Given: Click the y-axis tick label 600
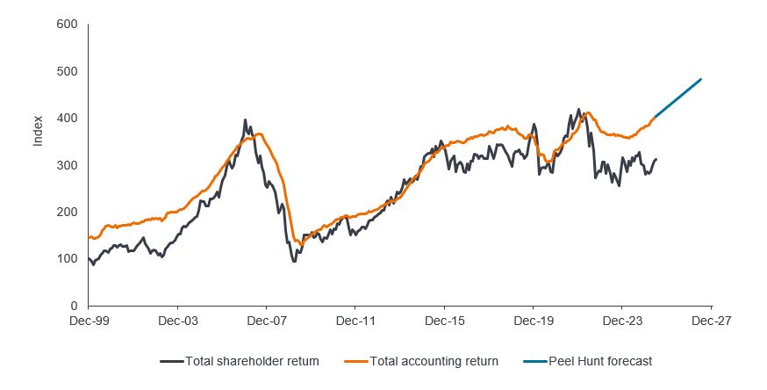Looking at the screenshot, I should click(x=67, y=25).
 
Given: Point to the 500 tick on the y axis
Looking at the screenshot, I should click(x=67, y=71).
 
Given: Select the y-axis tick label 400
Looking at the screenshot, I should click(x=67, y=119).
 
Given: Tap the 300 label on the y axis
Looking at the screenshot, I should click(x=67, y=165).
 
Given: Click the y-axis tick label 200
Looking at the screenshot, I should click(x=67, y=213).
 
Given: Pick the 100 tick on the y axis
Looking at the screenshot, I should click(x=67, y=259).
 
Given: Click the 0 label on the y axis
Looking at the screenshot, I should click(x=74, y=306).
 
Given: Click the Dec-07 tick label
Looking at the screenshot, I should click(x=266, y=321).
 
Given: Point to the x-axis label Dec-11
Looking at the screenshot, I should click(x=355, y=321).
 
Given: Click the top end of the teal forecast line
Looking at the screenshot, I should click(x=701, y=80).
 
